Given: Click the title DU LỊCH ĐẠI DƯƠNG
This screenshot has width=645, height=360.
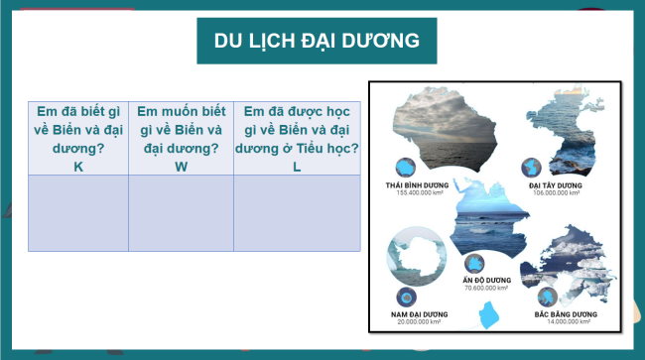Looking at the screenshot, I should pos(317,41).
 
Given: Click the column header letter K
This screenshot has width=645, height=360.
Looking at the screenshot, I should pos(78,166).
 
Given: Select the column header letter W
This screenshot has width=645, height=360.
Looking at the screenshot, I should pos(181,166).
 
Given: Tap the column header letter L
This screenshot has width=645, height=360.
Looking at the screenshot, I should pos(297,166).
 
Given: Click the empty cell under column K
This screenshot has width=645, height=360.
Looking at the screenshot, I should pos(78,212).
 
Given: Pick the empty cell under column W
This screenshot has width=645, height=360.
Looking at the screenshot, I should pos(181,212).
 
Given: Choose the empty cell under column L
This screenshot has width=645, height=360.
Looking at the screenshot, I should pos(297,212).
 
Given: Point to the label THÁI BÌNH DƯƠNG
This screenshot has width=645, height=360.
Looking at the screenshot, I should pos(418,185).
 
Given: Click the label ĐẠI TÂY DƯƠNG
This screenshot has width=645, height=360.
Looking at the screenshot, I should pos(556,185).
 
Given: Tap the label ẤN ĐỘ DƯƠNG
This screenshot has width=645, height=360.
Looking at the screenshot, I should pos(486,280).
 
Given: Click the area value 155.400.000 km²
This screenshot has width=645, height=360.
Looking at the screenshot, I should pos(418,193).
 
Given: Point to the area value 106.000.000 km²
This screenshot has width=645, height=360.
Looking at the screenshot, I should pos(556,193).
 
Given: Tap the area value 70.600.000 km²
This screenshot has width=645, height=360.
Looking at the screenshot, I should pos(486,288).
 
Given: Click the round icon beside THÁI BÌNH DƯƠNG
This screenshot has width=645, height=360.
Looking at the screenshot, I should pos(405,166).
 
